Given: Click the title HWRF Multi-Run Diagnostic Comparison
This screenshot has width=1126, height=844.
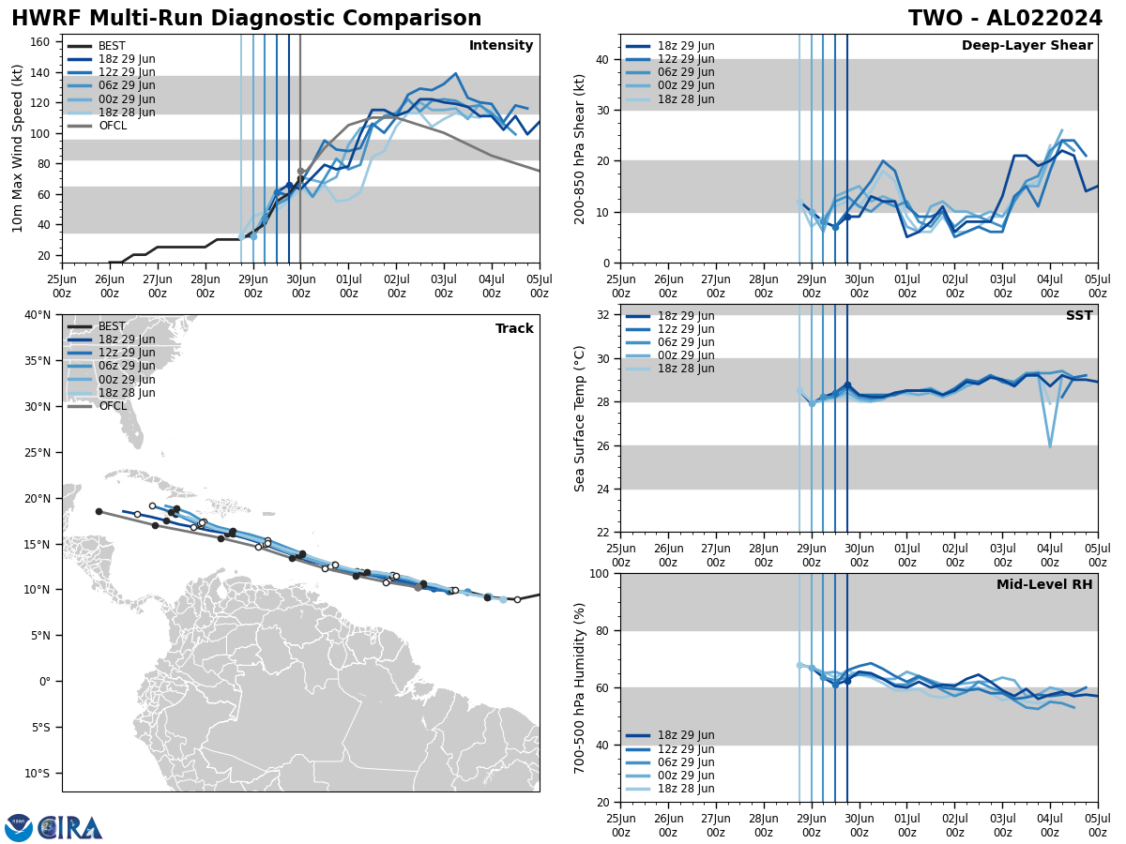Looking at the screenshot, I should coord(246,19).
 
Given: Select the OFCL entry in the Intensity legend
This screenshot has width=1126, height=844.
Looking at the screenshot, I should coord(113,126).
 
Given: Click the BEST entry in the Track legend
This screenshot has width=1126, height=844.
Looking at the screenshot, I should coord(112,326).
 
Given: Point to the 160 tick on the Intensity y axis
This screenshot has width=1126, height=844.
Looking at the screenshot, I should coord(41,42).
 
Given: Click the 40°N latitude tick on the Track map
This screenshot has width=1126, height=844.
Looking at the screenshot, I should coord(38,315).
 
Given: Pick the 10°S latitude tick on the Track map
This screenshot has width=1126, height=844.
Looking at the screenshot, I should coord(38,774).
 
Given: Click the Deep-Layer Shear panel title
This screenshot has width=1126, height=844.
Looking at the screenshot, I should coord(1027,46).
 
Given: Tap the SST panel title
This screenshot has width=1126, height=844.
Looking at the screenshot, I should coord(1078,316).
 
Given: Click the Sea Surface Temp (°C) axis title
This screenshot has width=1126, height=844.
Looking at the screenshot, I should coord(581,418).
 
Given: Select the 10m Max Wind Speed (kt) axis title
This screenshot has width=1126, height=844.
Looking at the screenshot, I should coord(19,148).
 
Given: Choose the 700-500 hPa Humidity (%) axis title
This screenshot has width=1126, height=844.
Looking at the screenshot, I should coord(581,687).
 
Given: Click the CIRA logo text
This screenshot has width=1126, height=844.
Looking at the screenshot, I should coord(71,827).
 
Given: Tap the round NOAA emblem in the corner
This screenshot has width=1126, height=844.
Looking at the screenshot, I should coord(19,827).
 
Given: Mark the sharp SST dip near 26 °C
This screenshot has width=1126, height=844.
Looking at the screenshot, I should coord(1050,446).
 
